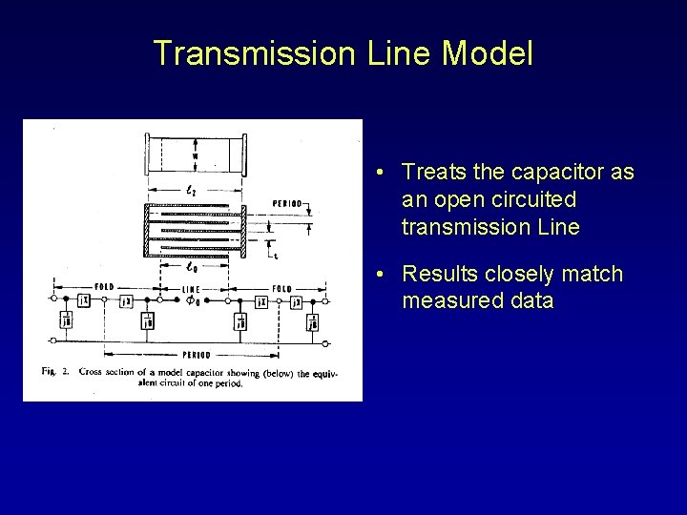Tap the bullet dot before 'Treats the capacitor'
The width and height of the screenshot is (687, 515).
(x=380, y=173)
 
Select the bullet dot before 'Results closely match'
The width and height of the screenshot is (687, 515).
(x=380, y=276)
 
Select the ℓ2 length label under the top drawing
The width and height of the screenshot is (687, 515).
(x=193, y=191)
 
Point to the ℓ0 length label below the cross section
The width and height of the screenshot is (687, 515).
(x=193, y=268)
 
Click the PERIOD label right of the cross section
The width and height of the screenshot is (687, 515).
(x=287, y=203)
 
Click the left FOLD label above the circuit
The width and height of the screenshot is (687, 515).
(x=105, y=287)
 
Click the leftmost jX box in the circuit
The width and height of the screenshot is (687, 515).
(x=84, y=300)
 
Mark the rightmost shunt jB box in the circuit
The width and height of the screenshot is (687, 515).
(x=312, y=322)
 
